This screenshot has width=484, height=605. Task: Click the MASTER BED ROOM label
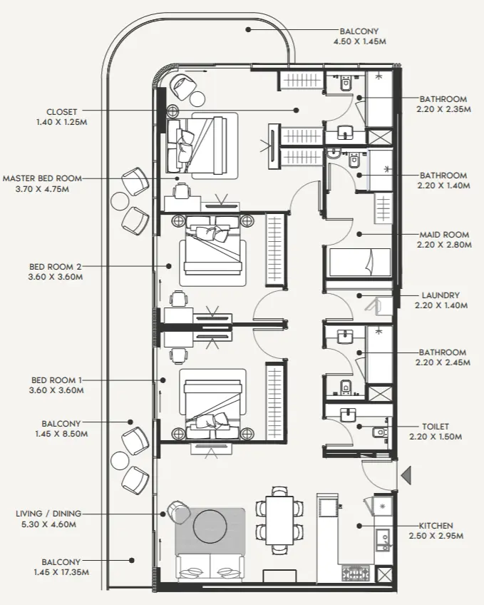point(41,178)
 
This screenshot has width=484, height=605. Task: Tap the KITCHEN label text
point(436,525)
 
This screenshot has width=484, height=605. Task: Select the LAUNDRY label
point(440,295)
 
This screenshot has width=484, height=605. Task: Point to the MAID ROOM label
point(443,234)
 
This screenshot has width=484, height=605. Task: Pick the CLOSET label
point(61,112)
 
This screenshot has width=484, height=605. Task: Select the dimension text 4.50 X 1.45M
point(360,42)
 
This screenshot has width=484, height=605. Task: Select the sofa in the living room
point(210,568)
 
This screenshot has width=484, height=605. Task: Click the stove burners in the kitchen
point(355,571)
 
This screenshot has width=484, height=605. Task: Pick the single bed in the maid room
point(360,262)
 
